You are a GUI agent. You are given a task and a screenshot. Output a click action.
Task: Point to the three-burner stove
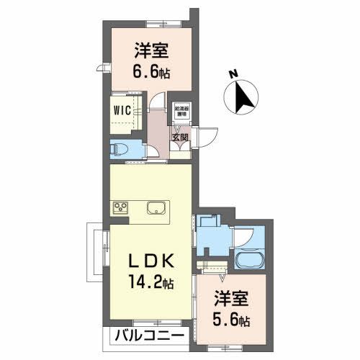click(x=120, y=208)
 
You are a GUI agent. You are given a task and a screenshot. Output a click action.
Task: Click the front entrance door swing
click(x=208, y=135)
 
